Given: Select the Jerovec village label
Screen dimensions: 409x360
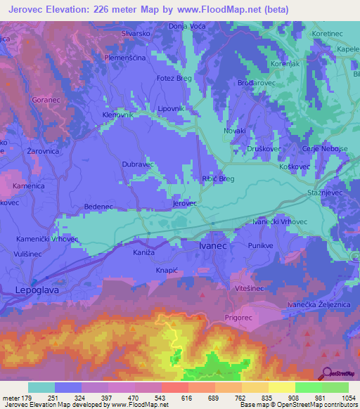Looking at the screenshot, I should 184,203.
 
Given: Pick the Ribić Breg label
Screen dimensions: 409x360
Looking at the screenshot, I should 218,179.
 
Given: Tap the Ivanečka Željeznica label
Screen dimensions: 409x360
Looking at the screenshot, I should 320,304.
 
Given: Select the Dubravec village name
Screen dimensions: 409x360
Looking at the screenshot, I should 138,164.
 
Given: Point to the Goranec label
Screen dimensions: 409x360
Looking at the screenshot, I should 47,100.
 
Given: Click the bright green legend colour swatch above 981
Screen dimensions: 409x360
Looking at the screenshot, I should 308,387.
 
